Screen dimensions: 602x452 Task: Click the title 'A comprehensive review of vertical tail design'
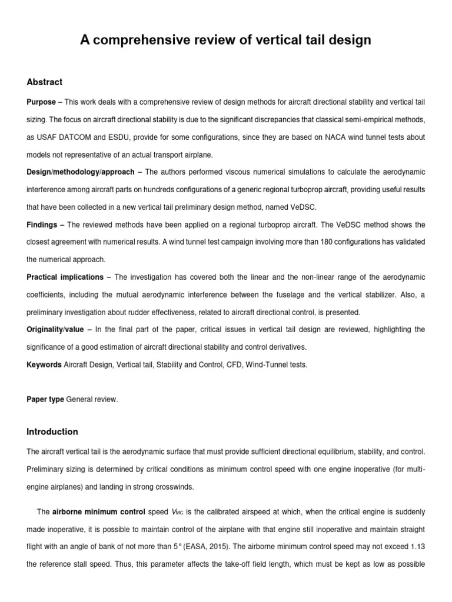[x=225, y=41]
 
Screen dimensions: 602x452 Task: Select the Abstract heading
[x=45, y=82]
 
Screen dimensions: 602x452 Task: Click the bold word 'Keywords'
[x=44, y=364]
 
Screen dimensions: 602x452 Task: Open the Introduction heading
[x=52, y=432]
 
